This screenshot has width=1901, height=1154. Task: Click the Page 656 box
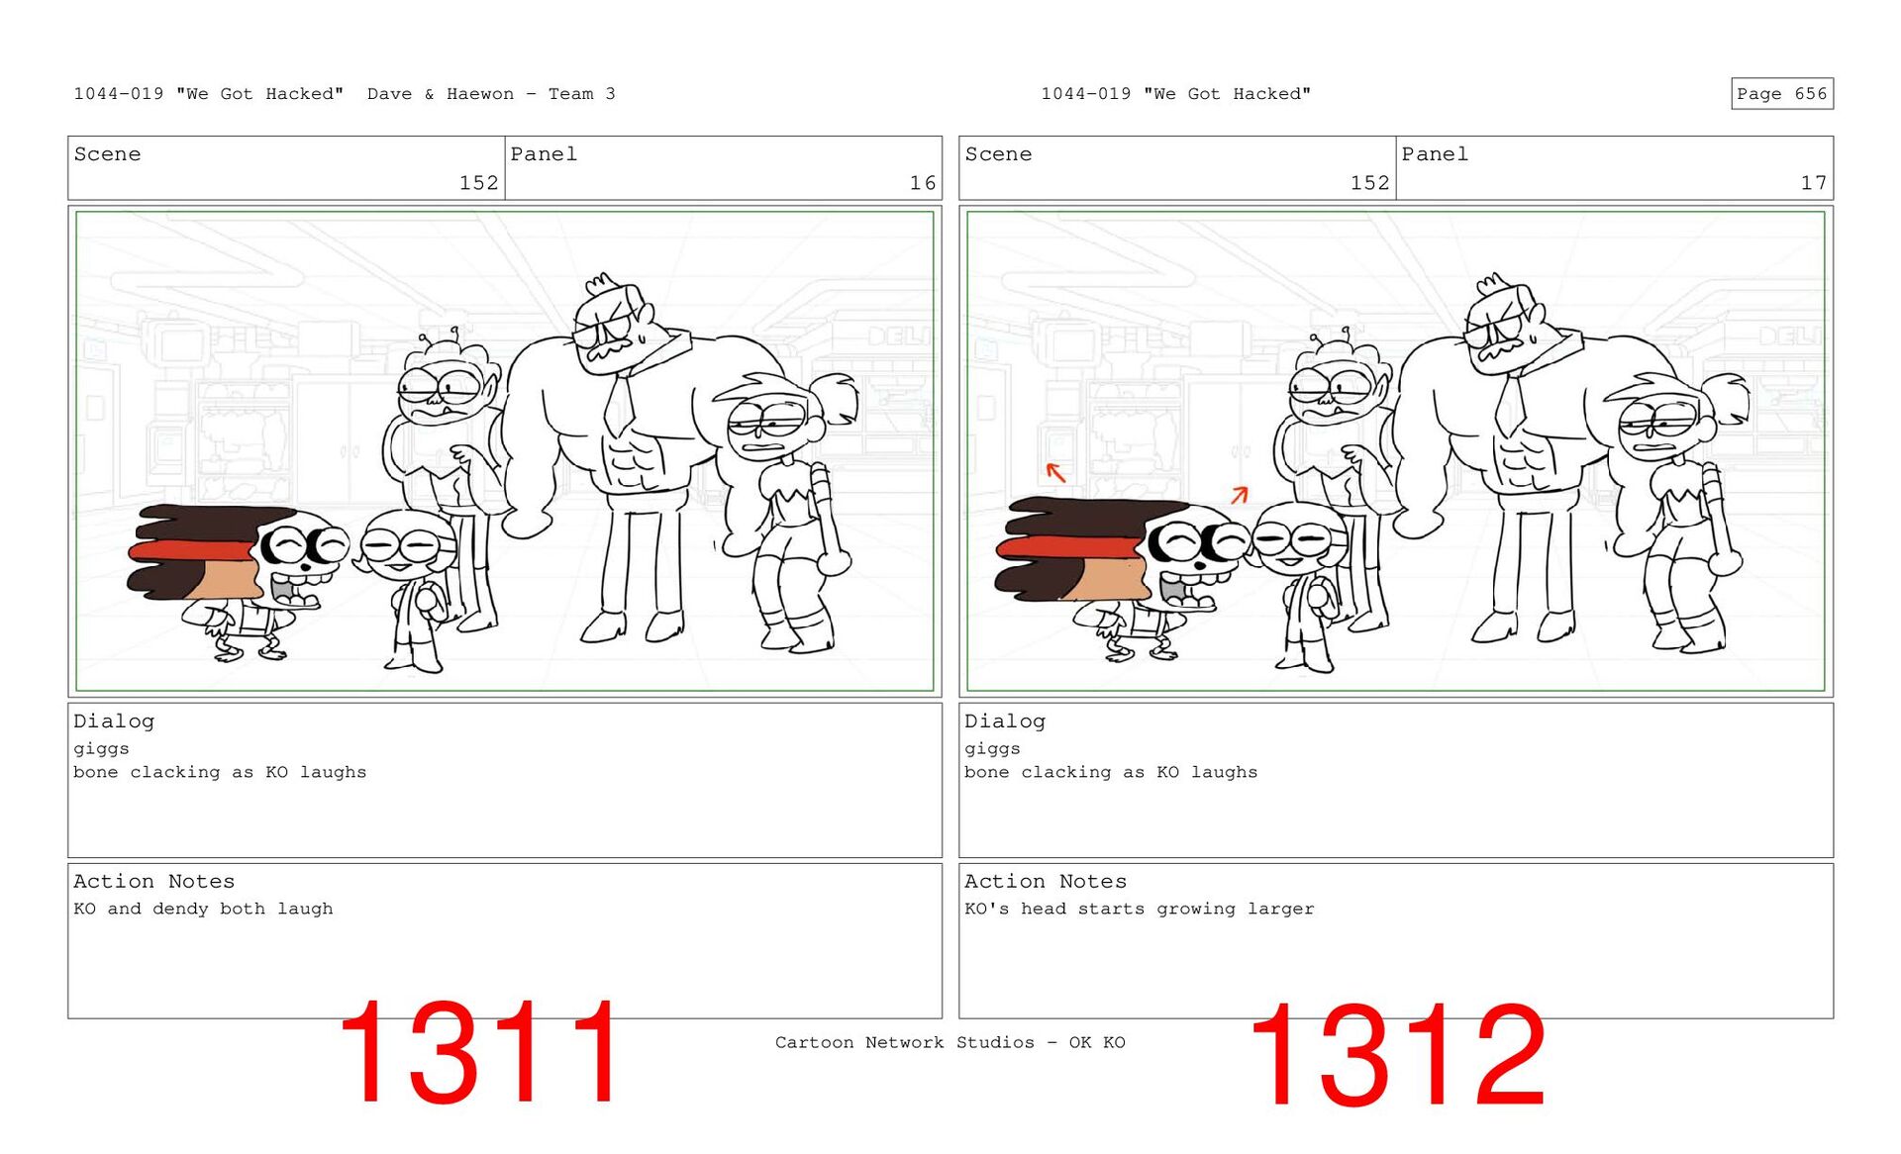(1781, 93)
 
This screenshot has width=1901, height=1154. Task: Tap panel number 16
(922, 183)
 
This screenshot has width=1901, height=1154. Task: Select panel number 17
(1813, 183)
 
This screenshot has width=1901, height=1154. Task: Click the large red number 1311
(481, 1052)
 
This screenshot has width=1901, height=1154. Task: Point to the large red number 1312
(1397, 1055)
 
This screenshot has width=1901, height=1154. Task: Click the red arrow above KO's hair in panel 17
(1056, 473)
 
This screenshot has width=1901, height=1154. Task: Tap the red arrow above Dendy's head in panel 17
(1240, 494)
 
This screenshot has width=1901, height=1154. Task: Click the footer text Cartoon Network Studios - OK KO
(950, 1042)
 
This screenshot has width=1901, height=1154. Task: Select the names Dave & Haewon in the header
(441, 94)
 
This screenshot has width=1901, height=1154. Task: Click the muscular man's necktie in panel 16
(621, 405)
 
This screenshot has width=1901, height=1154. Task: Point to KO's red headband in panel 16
(193, 551)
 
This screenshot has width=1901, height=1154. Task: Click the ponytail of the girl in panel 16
(837, 395)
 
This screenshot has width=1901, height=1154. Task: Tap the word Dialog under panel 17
(1005, 721)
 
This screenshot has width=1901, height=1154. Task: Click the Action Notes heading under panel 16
(153, 882)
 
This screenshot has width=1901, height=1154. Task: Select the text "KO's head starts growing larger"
(1140, 909)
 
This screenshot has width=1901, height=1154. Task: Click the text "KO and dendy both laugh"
(203, 909)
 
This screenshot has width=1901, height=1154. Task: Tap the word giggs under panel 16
(101, 749)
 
